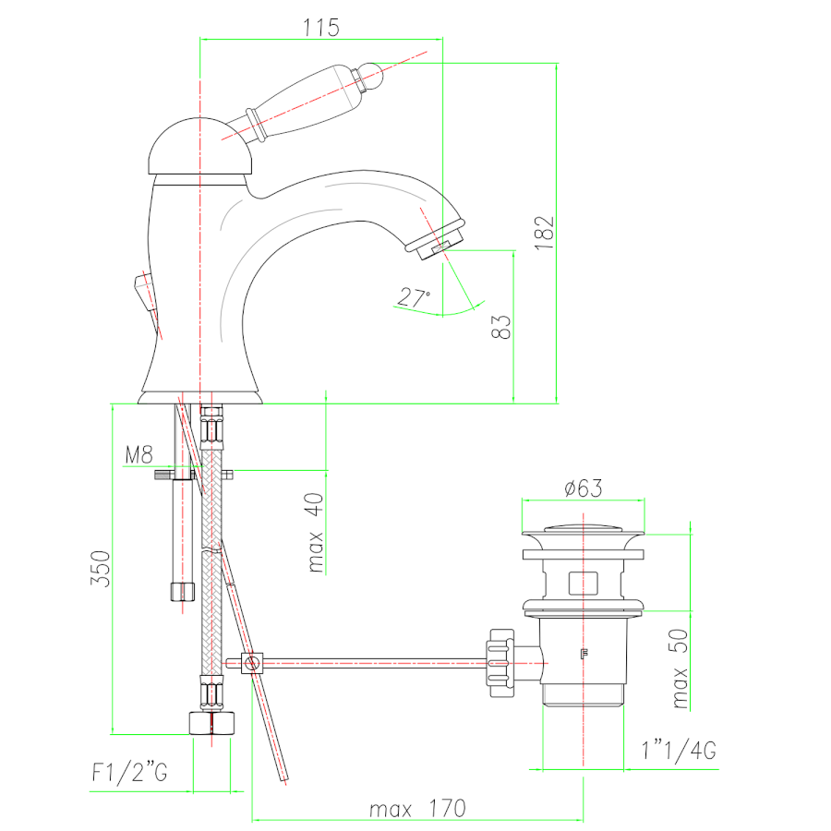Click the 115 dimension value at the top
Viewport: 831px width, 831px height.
pyautogui.click(x=321, y=28)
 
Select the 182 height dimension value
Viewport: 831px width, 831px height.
pyautogui.click(x=544, y=234)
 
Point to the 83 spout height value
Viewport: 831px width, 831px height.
pyautogui.click(x=500, y=327)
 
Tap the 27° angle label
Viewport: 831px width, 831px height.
pyautogui.click(x=415, y=298)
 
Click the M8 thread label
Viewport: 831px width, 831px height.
pyautogui.click(x=138, y=454)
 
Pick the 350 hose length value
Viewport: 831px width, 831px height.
pyautogui.click(x=100, y=569)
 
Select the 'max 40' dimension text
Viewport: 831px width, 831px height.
pyautogui.click(x=316, y=533)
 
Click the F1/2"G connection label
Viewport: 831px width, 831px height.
pyautogui.click(x=130, y=772)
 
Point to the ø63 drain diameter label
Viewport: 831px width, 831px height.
pyautogui.click(x=583, y=488)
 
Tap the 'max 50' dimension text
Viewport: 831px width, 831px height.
pyautogui.click(x=679, y=668)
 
